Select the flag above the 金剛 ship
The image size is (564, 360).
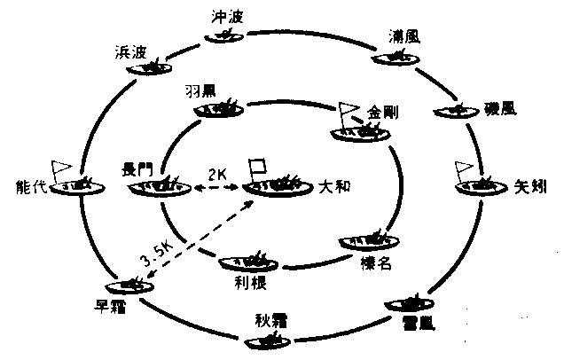pyautogui.click(x=346, y=113)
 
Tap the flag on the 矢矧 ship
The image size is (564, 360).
pyautogui.click(x=462, y=168)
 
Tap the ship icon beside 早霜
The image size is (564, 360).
pyautogui.click(x=127, y=285)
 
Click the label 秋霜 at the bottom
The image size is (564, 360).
pyautogui.click(x=270, y=318)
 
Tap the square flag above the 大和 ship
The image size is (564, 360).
pyautogui.click(x=259, y=166)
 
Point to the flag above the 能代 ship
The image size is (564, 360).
pyautogui.click(x=62, y=167)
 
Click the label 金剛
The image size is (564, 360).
pyautogui.click(x=387, y=113)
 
